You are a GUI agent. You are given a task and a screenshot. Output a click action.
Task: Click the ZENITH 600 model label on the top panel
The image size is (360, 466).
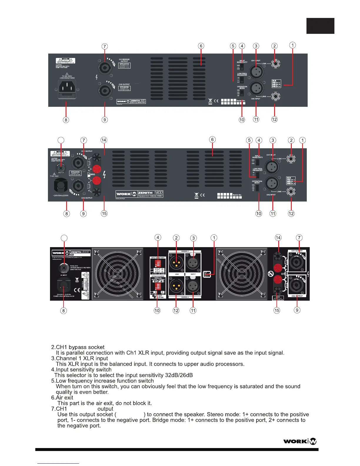138,101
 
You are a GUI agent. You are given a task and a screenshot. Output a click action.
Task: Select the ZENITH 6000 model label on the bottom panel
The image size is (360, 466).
80,252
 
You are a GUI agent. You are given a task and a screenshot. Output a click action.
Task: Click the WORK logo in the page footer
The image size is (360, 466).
300,441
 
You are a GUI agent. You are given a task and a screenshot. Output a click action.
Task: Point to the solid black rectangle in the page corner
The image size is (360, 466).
320,26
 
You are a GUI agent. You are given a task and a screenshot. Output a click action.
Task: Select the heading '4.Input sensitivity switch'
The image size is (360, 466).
84,370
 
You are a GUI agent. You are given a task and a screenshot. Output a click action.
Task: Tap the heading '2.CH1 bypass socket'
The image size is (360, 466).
80,347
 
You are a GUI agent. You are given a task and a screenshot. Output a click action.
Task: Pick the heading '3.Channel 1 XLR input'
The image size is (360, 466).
82,358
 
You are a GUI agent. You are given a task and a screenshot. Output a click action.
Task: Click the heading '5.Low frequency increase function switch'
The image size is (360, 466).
105,381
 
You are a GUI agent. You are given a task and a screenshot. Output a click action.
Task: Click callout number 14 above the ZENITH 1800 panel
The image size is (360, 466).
104,140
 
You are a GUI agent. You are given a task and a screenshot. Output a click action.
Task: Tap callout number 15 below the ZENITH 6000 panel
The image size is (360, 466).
277,310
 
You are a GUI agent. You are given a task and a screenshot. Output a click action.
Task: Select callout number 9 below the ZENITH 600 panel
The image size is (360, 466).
105,120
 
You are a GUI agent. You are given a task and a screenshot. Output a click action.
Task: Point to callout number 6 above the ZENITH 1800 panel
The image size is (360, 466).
212,139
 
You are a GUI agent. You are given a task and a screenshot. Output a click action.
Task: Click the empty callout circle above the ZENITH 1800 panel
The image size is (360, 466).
61,140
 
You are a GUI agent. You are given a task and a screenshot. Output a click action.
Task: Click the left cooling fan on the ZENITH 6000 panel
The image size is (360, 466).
118,274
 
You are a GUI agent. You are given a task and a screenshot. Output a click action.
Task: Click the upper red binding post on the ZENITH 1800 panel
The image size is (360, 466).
97,169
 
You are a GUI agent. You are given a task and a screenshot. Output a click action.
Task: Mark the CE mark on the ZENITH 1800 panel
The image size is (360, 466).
202,195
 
